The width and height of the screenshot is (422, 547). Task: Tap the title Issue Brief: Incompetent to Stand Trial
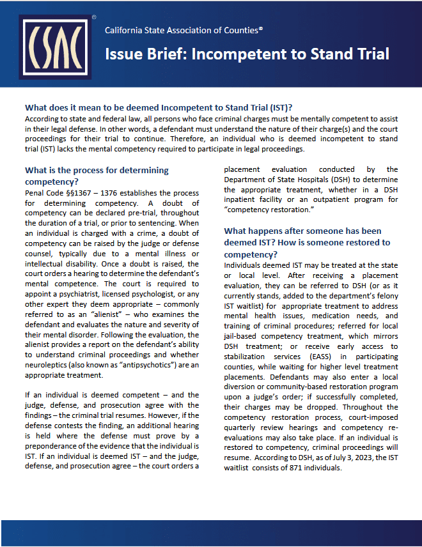[247, 54]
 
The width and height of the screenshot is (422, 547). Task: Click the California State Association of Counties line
[184, 30]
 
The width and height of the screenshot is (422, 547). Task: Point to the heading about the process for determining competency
[97, 175]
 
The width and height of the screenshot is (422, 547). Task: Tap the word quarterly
[242, 428]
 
